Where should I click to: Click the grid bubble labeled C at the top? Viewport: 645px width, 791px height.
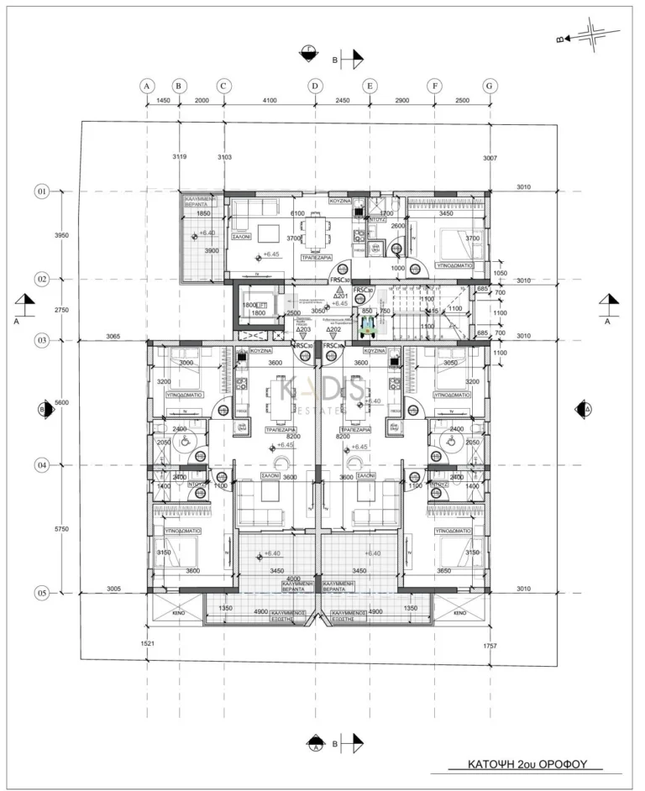[223, 85]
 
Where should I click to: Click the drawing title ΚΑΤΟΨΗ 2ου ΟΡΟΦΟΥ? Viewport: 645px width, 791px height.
[526, 765]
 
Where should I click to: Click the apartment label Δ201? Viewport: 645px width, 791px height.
[340, 296]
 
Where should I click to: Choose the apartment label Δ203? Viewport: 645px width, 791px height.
[304, 330]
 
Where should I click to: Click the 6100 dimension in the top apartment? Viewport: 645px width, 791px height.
[297, 213]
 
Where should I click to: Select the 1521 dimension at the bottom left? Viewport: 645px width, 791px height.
[149, 644]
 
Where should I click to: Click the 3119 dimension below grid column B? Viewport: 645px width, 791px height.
[180, 157]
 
